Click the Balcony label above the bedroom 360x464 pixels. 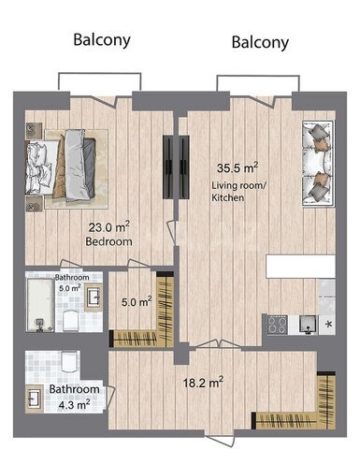(102, 40)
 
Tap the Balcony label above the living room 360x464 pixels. (260, 42)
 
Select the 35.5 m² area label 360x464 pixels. (238, 167)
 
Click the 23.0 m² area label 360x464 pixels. (108, 226)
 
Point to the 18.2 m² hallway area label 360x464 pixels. (203, 383)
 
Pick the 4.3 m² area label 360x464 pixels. (75, 405)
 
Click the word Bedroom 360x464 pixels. (108, 241)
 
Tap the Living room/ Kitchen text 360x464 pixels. (238, 192)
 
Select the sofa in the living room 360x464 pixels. (318, 164)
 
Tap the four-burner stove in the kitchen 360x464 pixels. (278, 326)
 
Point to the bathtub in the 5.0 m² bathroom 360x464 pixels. (40, 305)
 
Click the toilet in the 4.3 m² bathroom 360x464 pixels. (69, 362)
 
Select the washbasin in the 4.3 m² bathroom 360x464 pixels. (35, 399)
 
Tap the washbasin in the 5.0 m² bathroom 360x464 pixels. (94, 297)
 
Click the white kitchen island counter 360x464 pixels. (300, 267)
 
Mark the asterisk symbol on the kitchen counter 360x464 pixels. (328, 325)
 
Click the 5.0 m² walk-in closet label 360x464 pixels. (137, 301)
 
